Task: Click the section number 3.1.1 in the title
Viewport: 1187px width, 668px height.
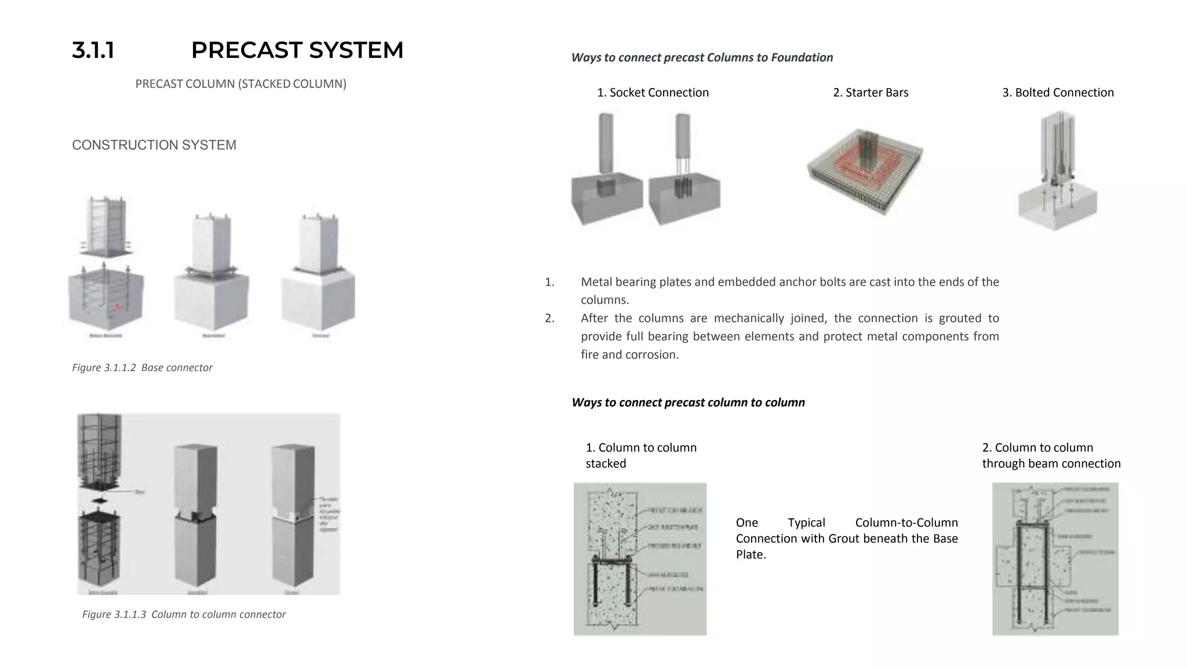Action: coord(93,50)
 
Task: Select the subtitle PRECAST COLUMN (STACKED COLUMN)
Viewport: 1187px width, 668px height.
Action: coord(241,83)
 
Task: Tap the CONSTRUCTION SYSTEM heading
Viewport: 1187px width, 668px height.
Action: coord(154,145)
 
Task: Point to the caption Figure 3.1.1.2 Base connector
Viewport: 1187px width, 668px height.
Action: coord(142,368)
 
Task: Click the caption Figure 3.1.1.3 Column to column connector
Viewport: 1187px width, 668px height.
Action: coord(184,615)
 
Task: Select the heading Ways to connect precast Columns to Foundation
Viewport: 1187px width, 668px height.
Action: coord(702,57)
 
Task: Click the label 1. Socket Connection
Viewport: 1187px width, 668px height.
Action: coord(653,93)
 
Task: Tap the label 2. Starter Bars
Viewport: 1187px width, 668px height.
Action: coord(871,93)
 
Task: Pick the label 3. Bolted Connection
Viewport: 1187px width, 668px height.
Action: coord(1058,93)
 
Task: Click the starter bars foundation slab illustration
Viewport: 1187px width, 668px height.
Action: coord(865,172)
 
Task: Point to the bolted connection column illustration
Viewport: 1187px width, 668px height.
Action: coord(1057,171)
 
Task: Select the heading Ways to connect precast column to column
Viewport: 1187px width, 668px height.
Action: coord(688,402)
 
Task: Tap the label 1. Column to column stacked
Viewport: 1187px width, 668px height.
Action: coord(640,456)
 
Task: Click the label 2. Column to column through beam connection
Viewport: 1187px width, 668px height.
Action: coord(1051,456)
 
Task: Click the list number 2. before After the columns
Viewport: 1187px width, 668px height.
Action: coord(549,318)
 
